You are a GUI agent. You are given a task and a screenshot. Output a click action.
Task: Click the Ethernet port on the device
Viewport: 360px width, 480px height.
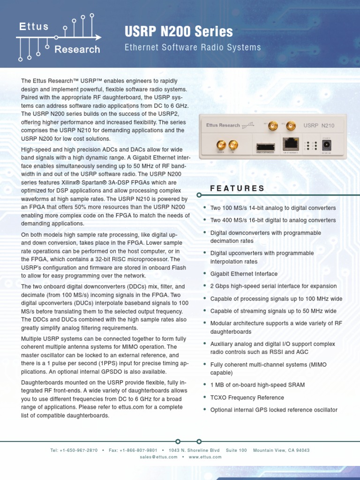(x=291, y=144)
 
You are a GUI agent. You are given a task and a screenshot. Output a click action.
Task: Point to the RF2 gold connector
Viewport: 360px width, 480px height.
(x=291, y=126)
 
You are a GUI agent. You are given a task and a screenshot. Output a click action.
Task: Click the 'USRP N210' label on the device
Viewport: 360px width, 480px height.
(x=319, y=126)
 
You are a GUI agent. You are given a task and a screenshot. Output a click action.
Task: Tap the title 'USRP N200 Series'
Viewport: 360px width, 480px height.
(x=179, y=32)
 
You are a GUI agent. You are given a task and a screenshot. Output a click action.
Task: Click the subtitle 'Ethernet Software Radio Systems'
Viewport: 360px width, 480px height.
(x=192, y=47)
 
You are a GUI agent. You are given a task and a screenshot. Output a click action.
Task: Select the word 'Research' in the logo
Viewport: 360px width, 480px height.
(x=77, y=49)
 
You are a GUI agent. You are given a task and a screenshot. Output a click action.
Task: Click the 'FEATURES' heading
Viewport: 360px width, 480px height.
(x=237, y=188)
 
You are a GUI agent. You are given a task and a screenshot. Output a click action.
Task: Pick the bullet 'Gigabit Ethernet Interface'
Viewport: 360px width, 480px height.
(x=244, y=274)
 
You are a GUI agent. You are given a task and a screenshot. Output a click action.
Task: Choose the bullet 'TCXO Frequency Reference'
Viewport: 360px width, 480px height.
(x=247, y=397)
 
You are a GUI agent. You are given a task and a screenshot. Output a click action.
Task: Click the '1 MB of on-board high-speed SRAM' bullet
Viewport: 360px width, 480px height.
(x=257, y=385)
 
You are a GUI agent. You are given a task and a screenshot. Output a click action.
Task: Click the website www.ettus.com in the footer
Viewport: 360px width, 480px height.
(x=205, y=457)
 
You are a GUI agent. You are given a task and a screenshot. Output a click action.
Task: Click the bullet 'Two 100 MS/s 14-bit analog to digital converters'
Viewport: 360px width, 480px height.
(x=273, y=208)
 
